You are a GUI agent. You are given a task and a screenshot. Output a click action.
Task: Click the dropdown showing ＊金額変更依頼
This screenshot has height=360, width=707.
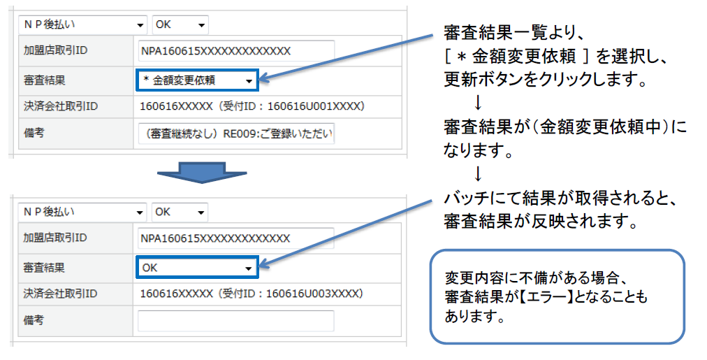coord(197,80)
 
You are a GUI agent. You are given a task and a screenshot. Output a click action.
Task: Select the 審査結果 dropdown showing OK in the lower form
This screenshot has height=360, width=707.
coord(197,268)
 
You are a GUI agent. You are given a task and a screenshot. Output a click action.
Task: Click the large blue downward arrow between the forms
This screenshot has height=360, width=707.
coord(201,173)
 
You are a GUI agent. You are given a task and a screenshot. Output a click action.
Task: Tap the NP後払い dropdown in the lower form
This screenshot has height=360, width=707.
coord(83,212)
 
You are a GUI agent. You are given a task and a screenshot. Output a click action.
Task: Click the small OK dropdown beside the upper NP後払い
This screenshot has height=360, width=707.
coord(180,24)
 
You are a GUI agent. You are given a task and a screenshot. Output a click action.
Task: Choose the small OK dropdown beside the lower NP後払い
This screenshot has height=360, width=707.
coord(180,212)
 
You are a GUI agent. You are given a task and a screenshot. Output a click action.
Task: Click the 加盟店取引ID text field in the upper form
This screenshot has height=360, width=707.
coord(237,51)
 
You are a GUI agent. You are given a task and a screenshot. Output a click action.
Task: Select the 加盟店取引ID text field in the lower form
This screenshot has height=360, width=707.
coord(236,238)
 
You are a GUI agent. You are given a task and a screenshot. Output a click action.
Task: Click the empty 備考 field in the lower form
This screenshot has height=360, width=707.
coord(236,321)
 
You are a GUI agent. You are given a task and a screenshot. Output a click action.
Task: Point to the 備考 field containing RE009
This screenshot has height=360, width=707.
coord(237,134)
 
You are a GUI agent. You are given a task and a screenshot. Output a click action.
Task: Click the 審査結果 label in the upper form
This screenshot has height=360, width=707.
coord(45,80)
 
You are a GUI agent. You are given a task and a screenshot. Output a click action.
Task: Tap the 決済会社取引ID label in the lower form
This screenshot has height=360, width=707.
coord(60,294)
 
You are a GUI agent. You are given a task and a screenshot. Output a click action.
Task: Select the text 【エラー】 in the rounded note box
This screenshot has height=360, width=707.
coord(545,297)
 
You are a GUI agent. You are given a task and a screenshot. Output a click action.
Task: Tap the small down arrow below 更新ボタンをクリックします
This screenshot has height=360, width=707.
coord(478,103)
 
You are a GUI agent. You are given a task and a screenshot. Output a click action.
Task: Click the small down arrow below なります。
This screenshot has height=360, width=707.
coord(478,174)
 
